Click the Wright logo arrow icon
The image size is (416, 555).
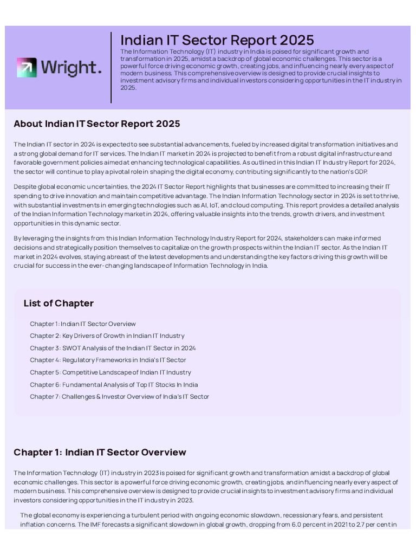[27, 67]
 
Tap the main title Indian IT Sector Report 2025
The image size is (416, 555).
[217, 40]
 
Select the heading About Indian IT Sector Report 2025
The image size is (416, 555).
[97, 124]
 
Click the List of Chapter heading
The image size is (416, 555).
[58, 304]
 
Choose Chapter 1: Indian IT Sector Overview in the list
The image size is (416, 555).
[83, 324]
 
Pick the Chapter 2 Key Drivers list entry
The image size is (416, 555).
[107, 336]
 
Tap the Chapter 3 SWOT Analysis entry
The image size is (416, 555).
[113, 348]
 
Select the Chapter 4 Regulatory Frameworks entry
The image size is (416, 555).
[108, 360]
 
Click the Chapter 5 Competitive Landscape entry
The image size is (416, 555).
[110, 372]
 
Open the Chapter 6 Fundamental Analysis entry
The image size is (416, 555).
[114, 385]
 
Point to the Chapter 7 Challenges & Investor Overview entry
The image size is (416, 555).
[119, 397]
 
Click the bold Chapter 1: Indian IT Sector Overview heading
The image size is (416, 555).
[100, 453]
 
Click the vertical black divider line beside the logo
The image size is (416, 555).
[111, 67]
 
